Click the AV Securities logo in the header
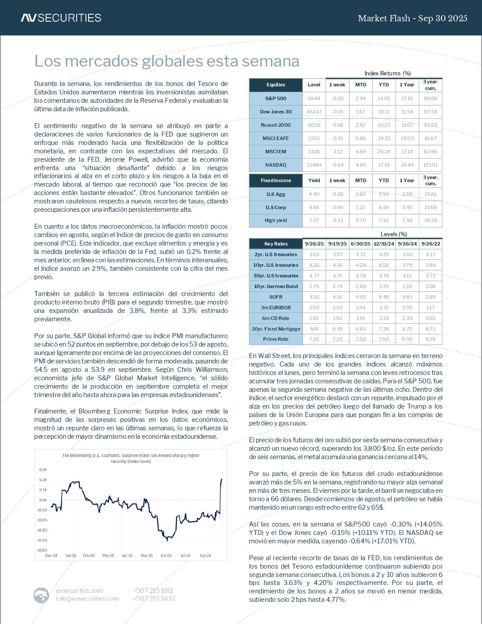(x=61, y=18)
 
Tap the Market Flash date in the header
(x=412, y=18)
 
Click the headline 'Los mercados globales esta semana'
(x=167, y=61)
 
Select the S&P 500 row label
(x=276, y=98)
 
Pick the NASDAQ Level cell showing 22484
(x=314, y=165)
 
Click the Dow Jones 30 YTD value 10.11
(x=384, y=112)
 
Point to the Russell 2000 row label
(x=276, y=125)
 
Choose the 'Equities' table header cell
(x=276, y=85)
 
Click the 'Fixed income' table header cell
(x=276, y=180)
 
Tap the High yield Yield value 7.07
(x=314, y=220)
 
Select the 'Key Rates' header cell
(x=276, y=244)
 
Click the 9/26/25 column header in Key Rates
(x=314, y=244)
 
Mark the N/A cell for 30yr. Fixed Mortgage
(x=314, y=329)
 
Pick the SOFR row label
(x=276, y=297)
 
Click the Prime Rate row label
(x=276, y=339)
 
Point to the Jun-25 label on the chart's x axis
(x=166, y=555)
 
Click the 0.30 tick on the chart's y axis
(x=43, y=469)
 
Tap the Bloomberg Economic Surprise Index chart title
(x=131, y=458)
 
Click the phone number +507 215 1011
(x=153, y=590)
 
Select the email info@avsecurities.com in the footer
(x=87, y=598)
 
